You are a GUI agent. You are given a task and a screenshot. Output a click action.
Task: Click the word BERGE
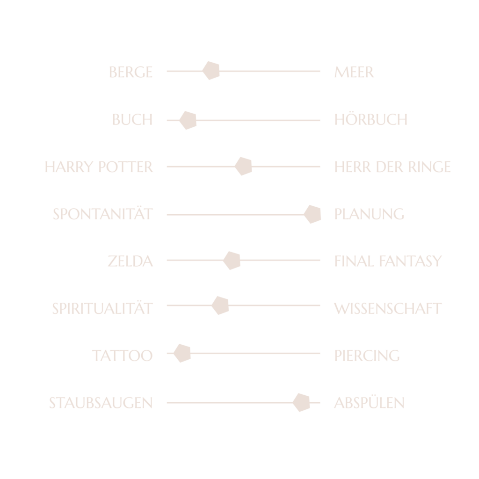131,72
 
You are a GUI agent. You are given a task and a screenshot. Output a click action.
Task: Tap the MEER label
354,72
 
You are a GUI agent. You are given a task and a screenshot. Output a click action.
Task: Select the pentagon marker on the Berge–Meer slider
211,71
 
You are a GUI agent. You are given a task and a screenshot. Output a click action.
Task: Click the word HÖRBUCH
370,119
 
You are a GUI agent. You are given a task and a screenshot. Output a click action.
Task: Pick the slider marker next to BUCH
188,120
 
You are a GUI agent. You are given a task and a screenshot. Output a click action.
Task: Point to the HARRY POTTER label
99,167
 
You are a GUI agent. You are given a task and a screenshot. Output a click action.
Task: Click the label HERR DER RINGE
392,167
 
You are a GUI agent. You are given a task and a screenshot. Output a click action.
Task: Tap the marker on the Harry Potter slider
243,167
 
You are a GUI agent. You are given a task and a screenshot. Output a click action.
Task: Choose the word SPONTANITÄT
103,214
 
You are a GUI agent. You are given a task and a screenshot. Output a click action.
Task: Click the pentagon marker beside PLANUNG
312,214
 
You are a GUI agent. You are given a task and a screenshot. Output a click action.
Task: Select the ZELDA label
130,261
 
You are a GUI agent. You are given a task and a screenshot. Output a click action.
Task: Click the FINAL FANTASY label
388,261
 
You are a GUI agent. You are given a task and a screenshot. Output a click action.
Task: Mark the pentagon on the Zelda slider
232,261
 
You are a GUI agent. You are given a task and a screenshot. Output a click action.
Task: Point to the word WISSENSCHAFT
388,308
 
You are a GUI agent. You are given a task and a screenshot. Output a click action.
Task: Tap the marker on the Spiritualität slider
220,306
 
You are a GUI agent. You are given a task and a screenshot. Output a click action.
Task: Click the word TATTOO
122,356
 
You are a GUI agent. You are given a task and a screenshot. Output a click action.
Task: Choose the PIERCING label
367,356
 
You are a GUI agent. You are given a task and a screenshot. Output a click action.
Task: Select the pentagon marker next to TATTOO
182,354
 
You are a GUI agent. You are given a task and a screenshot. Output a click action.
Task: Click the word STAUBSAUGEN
101,403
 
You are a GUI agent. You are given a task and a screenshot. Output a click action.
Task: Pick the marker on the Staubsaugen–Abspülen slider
301,402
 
